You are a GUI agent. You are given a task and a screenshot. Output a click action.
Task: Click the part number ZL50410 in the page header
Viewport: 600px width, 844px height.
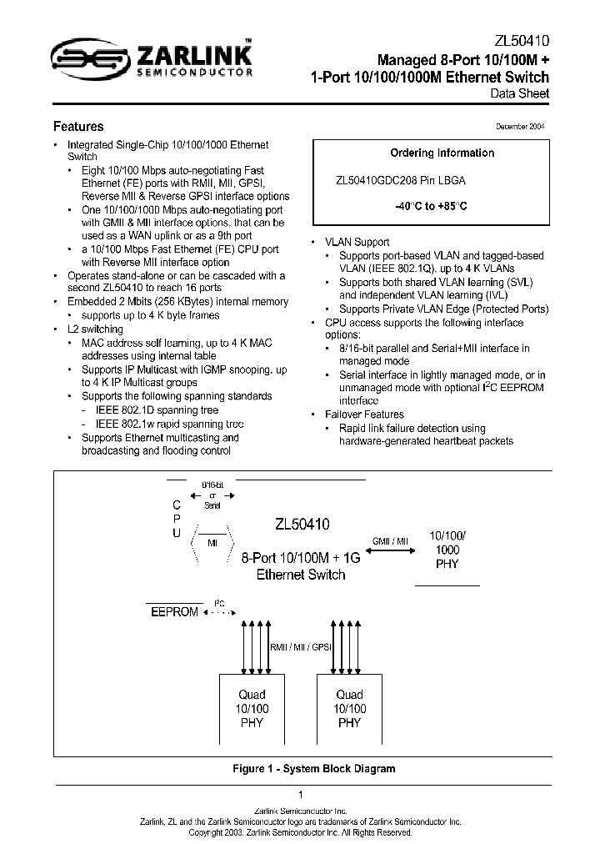pyautogui.click(x=522, y=41)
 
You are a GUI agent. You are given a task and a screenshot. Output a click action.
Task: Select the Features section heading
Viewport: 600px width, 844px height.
pyautogui.click(x=78, y=127)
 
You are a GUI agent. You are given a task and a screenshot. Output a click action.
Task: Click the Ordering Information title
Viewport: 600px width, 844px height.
pyautogui.click(x=442, y=153)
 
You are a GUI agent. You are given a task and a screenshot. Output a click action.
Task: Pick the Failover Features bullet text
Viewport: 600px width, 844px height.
pyautogui.click(x=364, y=414)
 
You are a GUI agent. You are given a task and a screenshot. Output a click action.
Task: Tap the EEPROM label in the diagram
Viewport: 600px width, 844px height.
pyautogui.click(x=174, y=612)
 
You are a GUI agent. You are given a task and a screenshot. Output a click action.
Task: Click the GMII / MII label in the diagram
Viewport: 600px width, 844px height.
pyautogui.click(x=390, y=541)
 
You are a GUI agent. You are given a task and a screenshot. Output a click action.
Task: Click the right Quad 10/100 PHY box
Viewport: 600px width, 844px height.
pyautogui.click(x=350, y=708)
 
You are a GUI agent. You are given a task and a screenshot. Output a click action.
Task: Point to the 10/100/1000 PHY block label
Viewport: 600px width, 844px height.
pyautogui.click(x=447, y=550)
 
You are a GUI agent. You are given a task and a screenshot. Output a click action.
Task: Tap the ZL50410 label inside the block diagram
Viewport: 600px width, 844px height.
pyautogui.click(x=302, y=525)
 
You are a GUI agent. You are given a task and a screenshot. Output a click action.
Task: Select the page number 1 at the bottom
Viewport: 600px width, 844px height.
pyautogui.click(x=300, y=794)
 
